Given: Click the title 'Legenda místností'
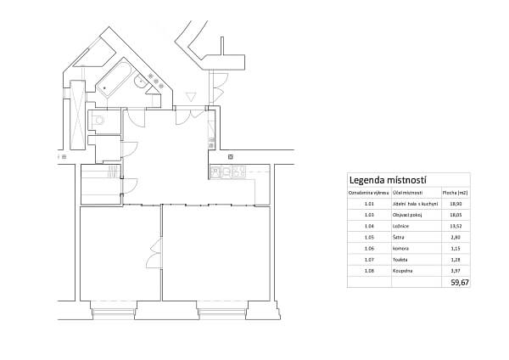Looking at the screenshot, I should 387,181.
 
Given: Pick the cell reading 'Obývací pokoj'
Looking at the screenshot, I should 407,216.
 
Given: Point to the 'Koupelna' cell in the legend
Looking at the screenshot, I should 401,270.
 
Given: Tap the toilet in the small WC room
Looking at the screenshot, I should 98,121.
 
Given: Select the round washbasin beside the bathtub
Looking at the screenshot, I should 139,82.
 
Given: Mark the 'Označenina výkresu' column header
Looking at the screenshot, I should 368,194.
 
